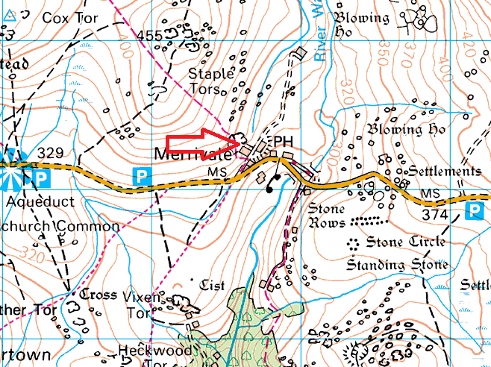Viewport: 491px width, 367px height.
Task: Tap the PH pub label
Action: [x=282, y=142]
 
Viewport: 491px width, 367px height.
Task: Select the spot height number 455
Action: [x=149, y=35]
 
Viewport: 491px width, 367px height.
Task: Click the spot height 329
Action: [x=51, y=153]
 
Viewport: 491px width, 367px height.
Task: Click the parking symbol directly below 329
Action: [x=42, y=178]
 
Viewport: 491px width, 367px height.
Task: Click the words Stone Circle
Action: [x=406, y=242]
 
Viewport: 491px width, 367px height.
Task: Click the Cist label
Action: [x=212, y=285]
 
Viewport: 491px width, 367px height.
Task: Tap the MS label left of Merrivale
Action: [x=216, y=172]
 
